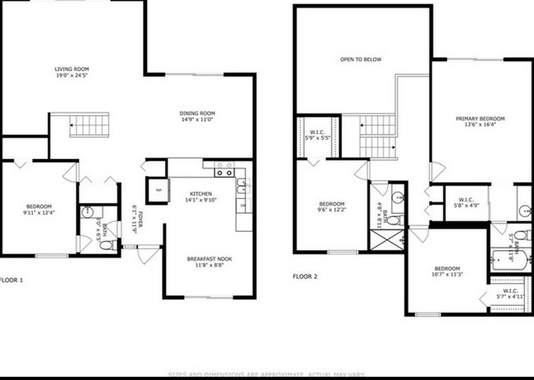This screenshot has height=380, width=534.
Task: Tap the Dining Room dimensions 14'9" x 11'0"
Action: click(x=197, y=120)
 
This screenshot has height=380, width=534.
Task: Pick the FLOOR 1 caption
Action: click(x=12, y=280)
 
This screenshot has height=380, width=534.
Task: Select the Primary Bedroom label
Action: click(x=480, y=118)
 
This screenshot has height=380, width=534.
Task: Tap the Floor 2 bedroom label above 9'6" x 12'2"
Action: click(x=332, y=203)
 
